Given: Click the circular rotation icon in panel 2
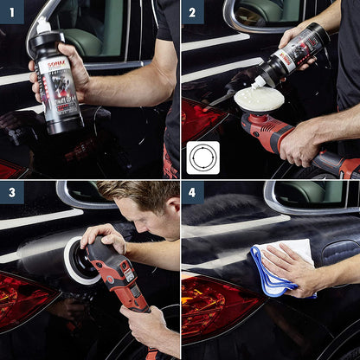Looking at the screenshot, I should point(202,157).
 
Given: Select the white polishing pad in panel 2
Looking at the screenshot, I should point(259,98).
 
